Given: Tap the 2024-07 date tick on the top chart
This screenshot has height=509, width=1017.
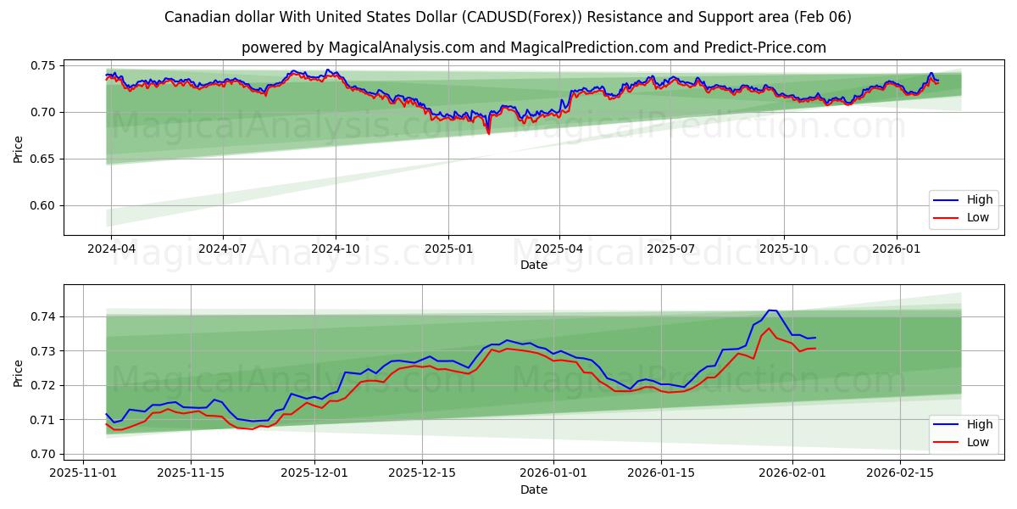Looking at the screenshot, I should pos(223,249).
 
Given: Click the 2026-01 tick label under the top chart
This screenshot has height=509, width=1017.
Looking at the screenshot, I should pos(896,249).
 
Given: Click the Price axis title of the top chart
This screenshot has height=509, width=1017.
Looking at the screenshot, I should pos(18,149).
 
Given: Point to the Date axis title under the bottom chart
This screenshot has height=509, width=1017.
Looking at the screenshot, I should pos(534,489).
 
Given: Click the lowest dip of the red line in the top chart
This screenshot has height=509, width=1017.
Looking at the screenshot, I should pos(488,133).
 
